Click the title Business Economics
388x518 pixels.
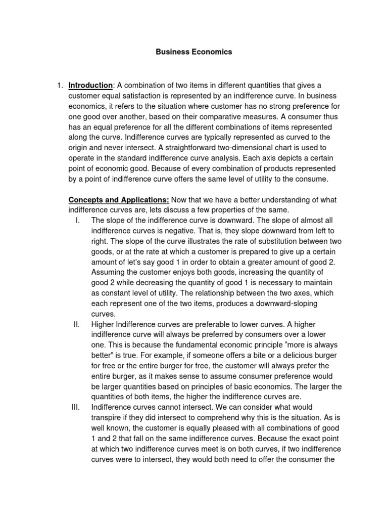[194, 52]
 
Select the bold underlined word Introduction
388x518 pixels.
[90, 85]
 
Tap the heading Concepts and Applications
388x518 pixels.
[119, 200]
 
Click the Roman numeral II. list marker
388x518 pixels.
[77, 324]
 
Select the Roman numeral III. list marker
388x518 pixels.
[76, 407]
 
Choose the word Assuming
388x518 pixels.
[108, 273]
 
